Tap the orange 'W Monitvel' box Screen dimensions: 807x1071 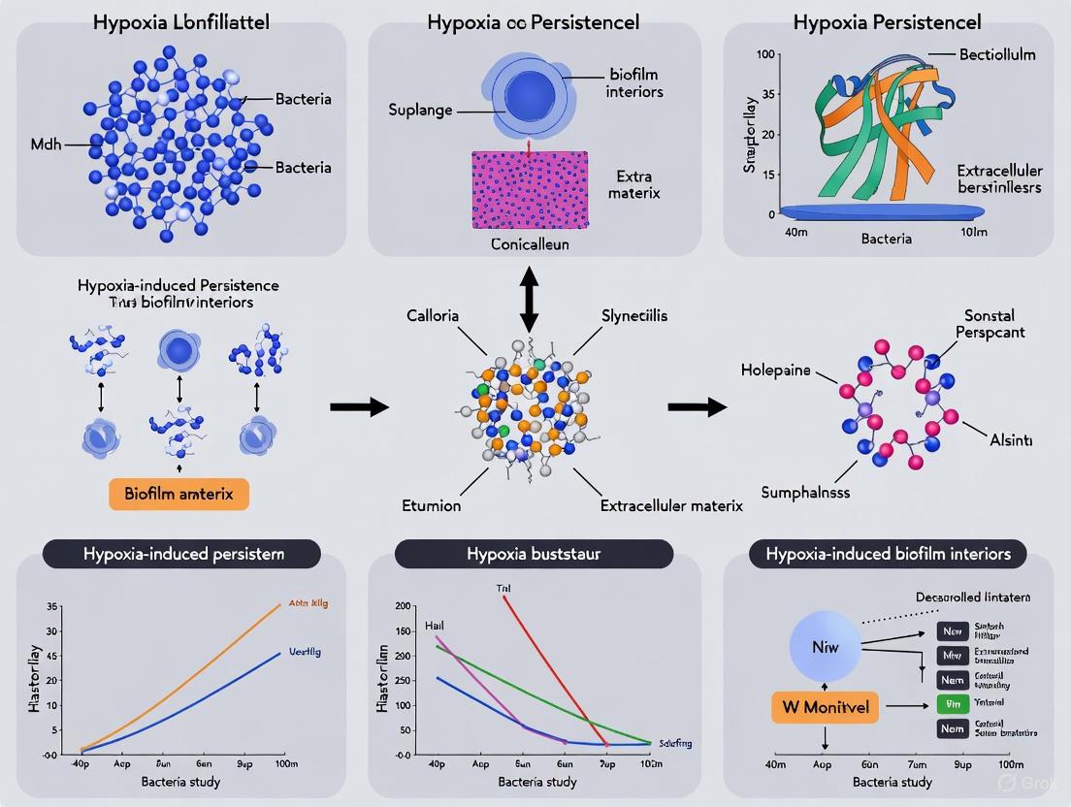(825, 708)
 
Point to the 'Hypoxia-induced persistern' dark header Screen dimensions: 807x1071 (183, 554)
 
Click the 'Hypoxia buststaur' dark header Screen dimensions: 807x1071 (534, 554)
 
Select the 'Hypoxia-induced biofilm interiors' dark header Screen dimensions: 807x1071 (889, 554)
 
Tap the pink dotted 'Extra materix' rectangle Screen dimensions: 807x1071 (530, 189)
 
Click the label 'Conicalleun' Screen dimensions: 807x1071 (530, 244)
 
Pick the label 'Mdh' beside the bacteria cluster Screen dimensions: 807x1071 (47, 145)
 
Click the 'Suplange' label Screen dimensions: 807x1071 (421, 110)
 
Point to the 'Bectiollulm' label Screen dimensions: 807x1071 (996, 54)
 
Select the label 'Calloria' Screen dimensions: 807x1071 (433, 316)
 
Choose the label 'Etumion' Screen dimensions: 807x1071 (432, 505)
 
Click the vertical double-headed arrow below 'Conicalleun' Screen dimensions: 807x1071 (530, 297)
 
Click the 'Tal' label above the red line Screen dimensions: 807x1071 (503, 589)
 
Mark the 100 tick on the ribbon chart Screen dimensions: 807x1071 (765, 54)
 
